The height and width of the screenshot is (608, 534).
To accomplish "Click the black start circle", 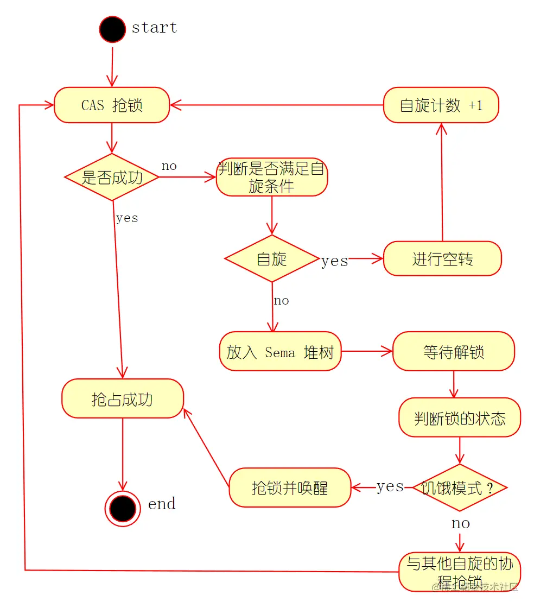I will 112,29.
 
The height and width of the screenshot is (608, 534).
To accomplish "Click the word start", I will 154,27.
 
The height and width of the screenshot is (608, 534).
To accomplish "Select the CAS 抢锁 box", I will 112,105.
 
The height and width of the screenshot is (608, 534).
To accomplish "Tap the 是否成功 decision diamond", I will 112,177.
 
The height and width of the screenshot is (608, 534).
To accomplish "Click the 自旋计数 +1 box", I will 441,105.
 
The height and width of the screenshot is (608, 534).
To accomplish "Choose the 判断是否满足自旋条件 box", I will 271,177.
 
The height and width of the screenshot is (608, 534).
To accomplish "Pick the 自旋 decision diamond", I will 271,258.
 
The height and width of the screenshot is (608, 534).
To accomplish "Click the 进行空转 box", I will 442,258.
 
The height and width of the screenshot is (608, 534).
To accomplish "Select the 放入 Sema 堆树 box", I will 280,352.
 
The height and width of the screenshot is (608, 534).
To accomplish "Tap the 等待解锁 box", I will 453,352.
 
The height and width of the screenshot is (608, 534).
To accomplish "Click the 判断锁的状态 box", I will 460,417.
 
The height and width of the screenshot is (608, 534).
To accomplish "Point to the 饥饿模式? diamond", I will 460,487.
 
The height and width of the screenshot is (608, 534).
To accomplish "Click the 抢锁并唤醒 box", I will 290,487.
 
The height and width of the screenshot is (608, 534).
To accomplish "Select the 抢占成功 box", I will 122,399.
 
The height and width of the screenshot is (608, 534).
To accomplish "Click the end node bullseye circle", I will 123,509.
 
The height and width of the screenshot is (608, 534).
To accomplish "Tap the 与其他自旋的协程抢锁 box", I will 460,572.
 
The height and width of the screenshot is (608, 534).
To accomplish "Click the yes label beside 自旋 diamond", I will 334,261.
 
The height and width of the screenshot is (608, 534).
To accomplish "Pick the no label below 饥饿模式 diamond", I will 460,523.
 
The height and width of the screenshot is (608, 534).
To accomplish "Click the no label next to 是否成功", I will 169,166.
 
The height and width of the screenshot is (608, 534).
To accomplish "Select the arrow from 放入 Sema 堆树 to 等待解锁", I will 366,352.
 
